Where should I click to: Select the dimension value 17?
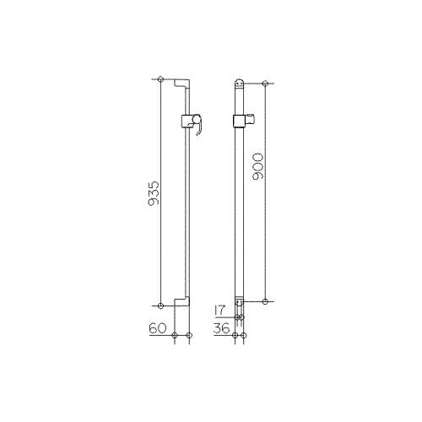point(222,311)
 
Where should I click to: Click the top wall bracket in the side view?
point(181,84)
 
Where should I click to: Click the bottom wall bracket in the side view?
point(181,300)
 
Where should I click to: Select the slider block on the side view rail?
point(185,120)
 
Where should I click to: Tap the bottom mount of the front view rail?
point(241,301)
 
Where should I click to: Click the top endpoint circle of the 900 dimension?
point(265,84)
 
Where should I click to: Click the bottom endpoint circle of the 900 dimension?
point(265,300)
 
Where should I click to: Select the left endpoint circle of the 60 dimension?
point(175,336)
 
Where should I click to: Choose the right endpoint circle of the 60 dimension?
point(188,336)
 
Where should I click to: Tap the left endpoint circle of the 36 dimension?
point(236,336)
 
